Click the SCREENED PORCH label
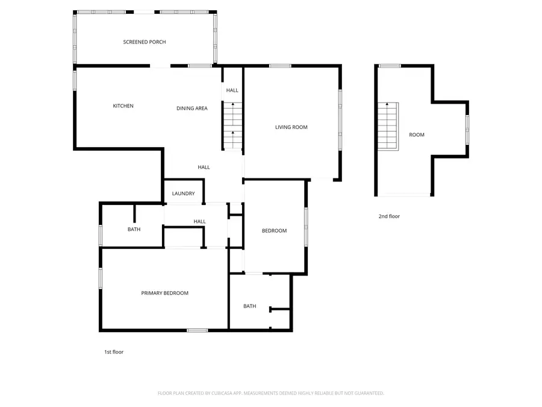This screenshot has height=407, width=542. [x=145, y=42]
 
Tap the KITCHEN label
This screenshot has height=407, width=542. [x=123, y=106]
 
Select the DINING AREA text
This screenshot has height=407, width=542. [x=192, y=109]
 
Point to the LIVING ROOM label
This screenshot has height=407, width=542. [x=291, y=127]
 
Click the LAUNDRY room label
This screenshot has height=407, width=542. [x=183, y=194]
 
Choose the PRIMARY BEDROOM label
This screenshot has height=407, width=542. [x=165, y=293]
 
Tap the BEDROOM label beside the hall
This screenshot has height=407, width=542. [x=274, y=231]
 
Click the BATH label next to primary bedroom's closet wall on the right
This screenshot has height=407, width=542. [x=250, y=306]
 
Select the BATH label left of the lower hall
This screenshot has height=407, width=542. [x=134, y=229]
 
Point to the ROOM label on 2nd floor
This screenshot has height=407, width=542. [x=417, y=135]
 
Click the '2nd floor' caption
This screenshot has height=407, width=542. [x=389, y=216]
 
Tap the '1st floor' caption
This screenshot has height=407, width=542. [x=114, y=352]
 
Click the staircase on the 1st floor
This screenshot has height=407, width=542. [x=232, y=125]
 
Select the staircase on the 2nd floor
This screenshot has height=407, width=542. [x=388, y=127]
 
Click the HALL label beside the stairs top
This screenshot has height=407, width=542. [x=232, y=90]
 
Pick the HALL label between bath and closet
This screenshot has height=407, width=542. [x=200, y=222]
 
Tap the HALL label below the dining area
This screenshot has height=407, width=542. [x=204, y=167]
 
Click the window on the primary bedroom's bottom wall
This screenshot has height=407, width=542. [x=197, y=330]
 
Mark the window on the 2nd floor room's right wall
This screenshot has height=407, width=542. [x=467, y=129]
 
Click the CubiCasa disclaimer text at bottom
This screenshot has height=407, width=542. [x=271, y=393]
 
